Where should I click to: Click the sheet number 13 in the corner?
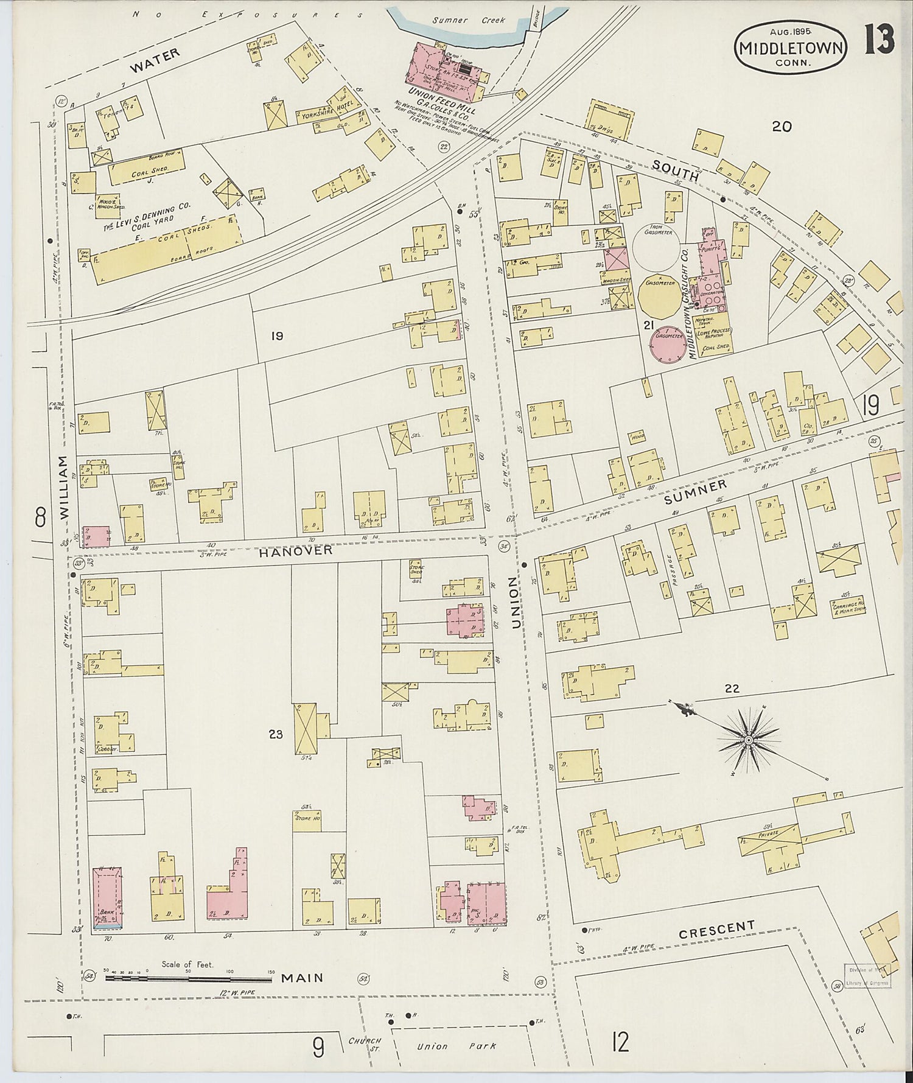click(879, 41)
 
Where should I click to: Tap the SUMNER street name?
click(696, 491)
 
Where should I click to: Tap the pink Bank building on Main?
click(107, 897)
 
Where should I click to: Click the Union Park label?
click(456, 1046)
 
